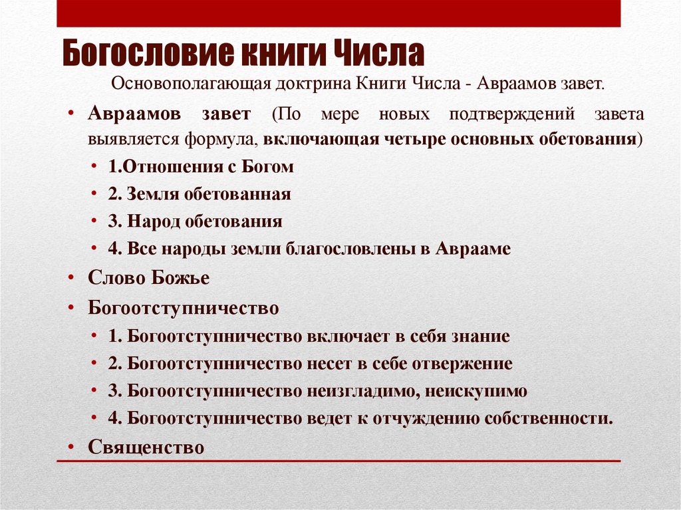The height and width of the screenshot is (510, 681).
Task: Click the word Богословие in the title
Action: pyautogui.click(x=145, y=54)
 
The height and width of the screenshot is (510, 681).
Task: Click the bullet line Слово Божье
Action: pyautogui.click(x=148, y=278)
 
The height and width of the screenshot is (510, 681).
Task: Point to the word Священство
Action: pyautogui.click(x=146, y=447)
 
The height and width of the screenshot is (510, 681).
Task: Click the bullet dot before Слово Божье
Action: pyautogui.click(x=70, y=279)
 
